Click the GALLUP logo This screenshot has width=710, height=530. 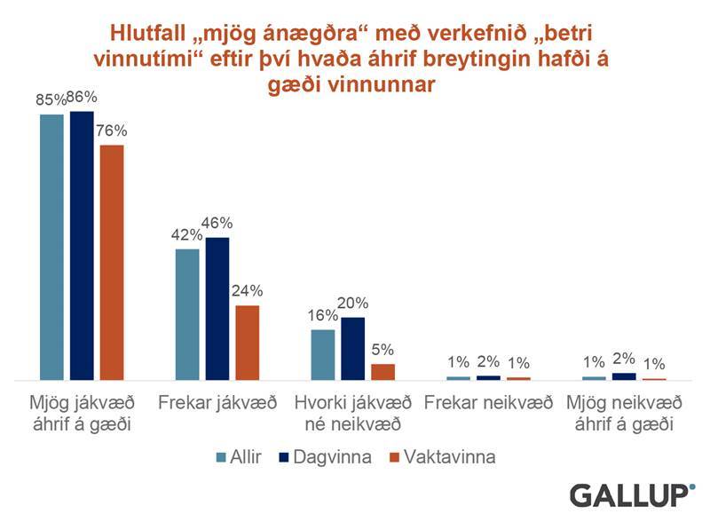coord(631,494)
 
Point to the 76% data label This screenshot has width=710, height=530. coord(112,131)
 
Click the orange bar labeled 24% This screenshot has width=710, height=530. coord(248,343)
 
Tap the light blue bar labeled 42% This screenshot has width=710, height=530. coord(187,314)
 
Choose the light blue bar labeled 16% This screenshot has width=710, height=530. coord(323,354)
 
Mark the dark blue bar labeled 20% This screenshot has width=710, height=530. coord(353,348)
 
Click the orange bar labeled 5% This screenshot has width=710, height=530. coord(383,372)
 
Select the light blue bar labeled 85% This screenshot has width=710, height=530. coord(51,247)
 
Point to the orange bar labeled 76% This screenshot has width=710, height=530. coord(112,262)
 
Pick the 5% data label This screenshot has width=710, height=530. coord(383,350)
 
